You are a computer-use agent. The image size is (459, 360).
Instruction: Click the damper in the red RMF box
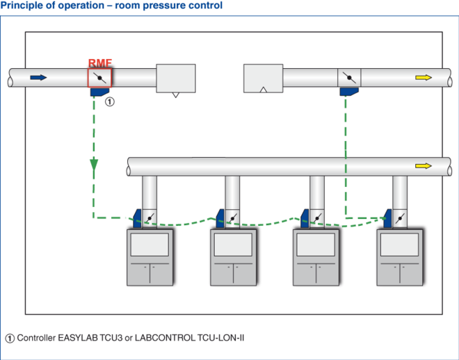pos(99,77)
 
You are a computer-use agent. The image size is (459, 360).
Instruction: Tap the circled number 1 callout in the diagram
pos(109,101)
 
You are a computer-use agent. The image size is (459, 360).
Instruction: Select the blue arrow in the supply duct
pos(39,77)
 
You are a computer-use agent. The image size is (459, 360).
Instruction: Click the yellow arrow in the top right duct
pos(423,77)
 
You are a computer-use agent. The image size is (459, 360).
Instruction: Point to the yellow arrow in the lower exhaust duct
pos(423,166)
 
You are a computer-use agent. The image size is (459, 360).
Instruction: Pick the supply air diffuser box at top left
pos(176,79)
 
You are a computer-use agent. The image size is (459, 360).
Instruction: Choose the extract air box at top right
pos(263,78)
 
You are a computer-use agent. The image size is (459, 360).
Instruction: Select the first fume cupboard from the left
pos(150,256)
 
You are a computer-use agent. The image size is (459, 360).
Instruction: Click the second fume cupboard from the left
pos(233,256)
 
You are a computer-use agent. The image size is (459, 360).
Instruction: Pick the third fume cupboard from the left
pos(316,256)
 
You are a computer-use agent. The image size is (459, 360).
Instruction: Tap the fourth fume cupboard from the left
pos(400,256)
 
